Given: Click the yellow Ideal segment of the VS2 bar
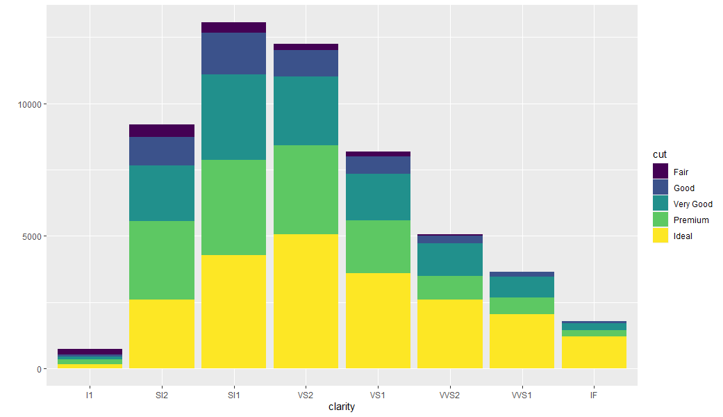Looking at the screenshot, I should [x=306, y=301].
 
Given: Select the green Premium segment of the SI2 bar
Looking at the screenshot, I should [x=161, y=260].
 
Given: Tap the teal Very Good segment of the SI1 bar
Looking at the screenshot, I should [x=233, y=117].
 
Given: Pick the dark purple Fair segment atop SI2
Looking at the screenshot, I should [x=161, y=131].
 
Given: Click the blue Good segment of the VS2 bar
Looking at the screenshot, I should [x=306, y=63].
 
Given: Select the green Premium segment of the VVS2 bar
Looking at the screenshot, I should [x=449, y=288].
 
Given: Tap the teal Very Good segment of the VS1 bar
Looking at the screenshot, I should [x=378, y=197].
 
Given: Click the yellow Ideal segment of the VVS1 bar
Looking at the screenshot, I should [x=522, y=341].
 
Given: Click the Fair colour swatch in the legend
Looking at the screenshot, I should [x=660, y=172].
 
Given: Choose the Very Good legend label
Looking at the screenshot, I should [x=692, y=204].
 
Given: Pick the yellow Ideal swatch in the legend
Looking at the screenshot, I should [x=660, y=236].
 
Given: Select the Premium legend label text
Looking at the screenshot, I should [x=691, y=220].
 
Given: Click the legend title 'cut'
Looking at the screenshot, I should [x=659, y=154].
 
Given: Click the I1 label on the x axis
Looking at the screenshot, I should [x=89, y=395].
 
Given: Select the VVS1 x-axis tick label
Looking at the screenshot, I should [x=522, y=395].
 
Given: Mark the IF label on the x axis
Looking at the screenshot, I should [x=594, y=395].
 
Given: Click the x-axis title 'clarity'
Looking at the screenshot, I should [x=342, y=407].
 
